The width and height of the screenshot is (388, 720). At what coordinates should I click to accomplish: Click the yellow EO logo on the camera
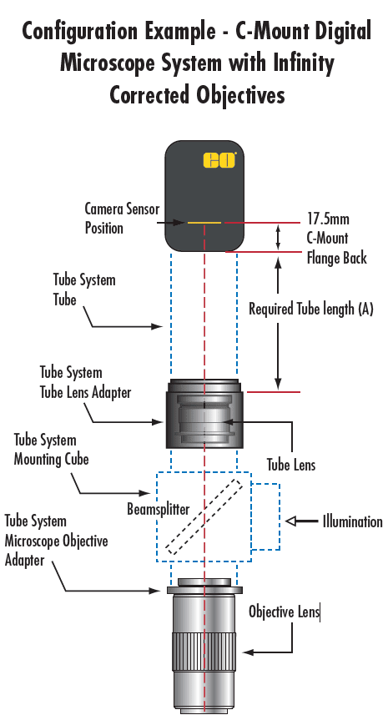tap(219, 160)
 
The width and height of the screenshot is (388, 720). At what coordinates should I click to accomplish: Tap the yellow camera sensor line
tap(204, 223)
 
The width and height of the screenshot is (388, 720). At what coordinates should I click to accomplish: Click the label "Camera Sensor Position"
tap(122, 218)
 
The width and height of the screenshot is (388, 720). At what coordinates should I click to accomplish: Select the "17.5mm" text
tap(328, 219)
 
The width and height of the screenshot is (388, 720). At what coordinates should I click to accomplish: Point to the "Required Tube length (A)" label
tap(311, 309)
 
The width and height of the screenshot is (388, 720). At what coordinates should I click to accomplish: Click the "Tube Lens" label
tap(291, 465)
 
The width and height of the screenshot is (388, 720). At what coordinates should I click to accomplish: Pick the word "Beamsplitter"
tap(159, 509)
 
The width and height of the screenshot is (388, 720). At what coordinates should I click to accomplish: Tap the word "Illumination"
tap(352, 521)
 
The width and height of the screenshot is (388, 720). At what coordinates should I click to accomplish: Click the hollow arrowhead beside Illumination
tap(292, 521)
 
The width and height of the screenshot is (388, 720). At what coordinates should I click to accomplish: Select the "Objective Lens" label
tap(284, 612)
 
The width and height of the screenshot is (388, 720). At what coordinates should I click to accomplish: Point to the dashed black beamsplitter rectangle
tap(204, 516)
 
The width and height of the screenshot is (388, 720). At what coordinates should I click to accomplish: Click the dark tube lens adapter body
tap(204, 413)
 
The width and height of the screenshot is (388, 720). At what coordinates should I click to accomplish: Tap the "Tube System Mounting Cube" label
tap(51, 449)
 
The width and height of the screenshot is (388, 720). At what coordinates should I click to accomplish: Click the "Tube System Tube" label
tap(84, 290)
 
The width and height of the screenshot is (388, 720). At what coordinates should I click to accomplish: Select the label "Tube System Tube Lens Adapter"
tap(85, 382)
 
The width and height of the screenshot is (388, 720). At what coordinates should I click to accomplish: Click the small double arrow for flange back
tap(278, 238)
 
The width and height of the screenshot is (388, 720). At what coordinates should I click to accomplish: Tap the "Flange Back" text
tap(336, 257)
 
